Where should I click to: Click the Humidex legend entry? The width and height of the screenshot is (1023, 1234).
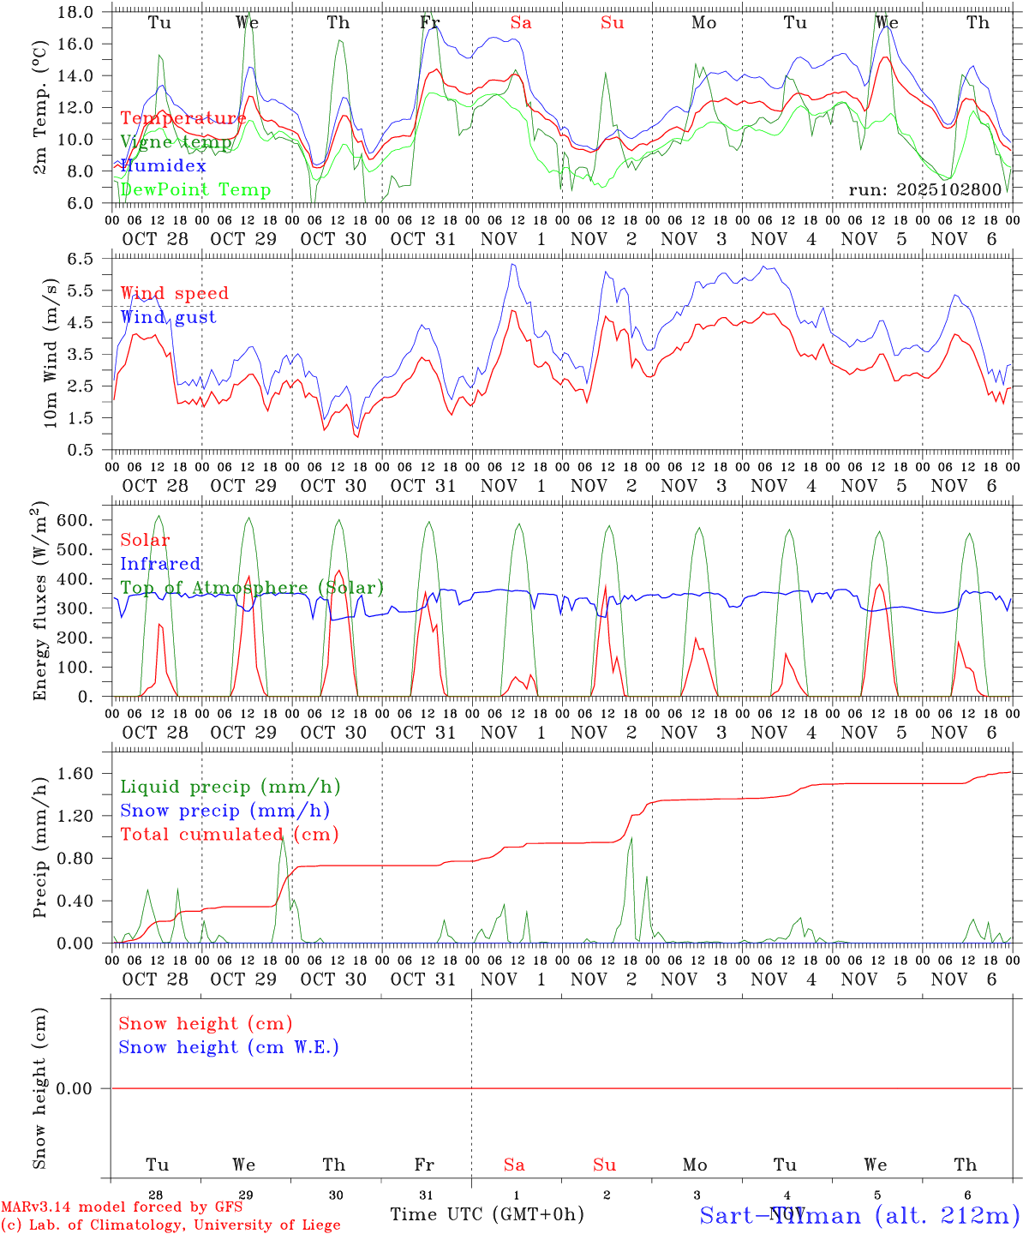pos(163,165)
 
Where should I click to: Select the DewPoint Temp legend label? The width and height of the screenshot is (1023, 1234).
pos(195,189)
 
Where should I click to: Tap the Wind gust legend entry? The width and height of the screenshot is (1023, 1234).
pos(168,317)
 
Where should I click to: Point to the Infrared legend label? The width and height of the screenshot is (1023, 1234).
pos(160,564)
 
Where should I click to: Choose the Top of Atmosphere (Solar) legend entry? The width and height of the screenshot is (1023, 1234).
pos(252,588)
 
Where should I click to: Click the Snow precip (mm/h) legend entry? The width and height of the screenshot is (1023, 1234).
pos(224,811)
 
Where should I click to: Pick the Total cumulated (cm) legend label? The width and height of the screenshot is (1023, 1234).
pos(229,834)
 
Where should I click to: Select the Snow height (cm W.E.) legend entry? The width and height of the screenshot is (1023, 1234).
pos(229,1047)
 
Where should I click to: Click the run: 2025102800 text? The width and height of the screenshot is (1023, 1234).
pos(924,189)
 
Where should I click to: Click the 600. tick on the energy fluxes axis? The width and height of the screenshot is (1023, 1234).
pos(75,520)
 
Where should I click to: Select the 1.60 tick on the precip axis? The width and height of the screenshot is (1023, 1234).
pos(75,773)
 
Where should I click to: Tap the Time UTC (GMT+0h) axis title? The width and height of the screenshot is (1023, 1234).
pos(487,1214)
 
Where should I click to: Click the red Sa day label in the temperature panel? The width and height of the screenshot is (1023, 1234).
pos(521,23)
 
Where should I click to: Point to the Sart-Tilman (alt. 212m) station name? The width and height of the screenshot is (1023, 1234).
pos(858,1215)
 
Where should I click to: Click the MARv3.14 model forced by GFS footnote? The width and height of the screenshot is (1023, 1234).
pos(121,1207)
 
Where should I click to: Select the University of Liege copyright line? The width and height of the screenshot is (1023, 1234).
pos(170,1225)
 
